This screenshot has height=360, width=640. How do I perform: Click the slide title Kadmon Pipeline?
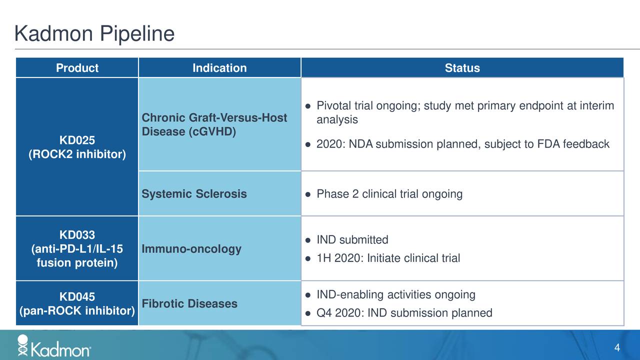tap(94, 34)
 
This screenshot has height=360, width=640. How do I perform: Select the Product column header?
tap(77, 68)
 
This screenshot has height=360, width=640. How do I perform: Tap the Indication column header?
tap(219, 68)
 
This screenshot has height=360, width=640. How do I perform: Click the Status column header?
tap(462, 68)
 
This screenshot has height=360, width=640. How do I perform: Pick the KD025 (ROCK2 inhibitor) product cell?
tap(77, 146)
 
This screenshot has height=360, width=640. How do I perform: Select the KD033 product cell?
tap(77, 249)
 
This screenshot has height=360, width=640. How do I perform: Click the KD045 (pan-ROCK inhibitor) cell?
tap(77, 303)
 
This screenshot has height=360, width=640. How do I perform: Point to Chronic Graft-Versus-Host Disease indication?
tap(214, 124)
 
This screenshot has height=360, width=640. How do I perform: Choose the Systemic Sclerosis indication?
tap(194, 194)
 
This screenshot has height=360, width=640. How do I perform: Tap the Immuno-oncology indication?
tap(191, 249)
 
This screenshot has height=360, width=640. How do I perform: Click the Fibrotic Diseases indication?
tap(189, 303)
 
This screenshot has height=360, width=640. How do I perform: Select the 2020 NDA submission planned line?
tap(462, 144)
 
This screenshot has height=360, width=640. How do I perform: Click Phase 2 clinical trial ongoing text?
tap(389, 194)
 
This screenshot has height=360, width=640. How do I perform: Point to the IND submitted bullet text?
tap(352, 240)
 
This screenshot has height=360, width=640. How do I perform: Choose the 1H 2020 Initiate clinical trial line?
tap(388, 258)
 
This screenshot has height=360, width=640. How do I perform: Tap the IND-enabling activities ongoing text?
tap(395, 294)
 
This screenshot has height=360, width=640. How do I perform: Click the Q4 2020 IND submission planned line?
tap(404, 313)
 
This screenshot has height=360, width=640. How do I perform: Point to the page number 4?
tap(617, 348)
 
